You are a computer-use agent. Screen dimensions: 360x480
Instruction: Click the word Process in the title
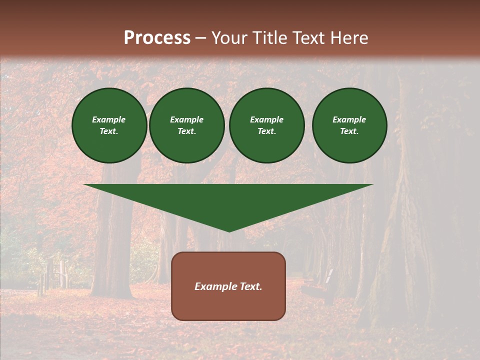tap(157, 38)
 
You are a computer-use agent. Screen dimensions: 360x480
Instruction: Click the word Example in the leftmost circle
tap(109, 119)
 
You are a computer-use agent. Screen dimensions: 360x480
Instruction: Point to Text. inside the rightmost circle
tap(349, 131)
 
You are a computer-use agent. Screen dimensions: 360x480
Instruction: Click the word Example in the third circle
tap(266, 119)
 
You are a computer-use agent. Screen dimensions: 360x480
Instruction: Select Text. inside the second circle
tap(186, 131)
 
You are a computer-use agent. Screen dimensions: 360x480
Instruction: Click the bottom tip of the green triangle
tap(229, 230)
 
